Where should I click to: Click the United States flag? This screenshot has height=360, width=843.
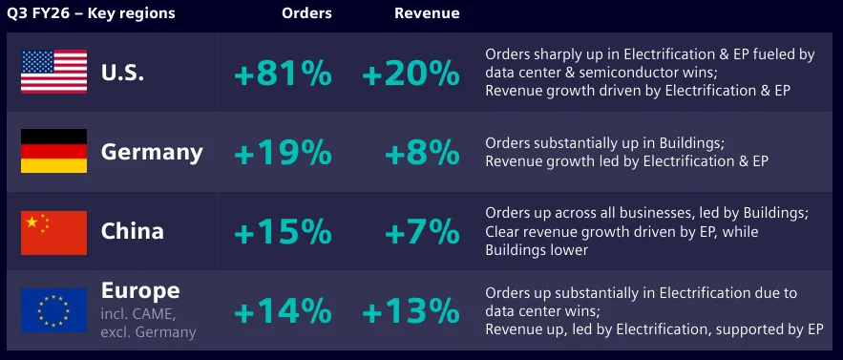(x=53, y=72)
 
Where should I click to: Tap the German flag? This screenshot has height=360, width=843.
(x=53, y=151)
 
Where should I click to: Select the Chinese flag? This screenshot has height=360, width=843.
(x=53, y=232)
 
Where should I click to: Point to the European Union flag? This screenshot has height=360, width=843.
(x=53, y=310)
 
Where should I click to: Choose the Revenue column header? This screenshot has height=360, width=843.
(x=427, y=13)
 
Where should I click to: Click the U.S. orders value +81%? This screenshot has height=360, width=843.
(x=283, y=74)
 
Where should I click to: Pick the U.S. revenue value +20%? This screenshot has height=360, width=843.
(x=411, y=74)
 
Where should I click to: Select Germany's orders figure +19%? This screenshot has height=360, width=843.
(x=283, y=153)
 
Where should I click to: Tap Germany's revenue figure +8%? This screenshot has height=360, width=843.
(x=423, y=153)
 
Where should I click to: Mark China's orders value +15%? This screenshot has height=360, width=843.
(x=283, y=232)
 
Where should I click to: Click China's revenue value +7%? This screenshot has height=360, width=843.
(x=423, y=232)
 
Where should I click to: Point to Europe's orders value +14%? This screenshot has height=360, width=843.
(x=283, y=311)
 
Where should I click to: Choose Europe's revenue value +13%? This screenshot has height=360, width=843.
(x=411, y=311)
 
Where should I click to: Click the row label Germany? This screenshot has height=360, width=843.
(x=152, y=153)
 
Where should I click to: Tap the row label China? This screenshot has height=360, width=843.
(x=133, y=231)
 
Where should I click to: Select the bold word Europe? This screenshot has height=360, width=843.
(x=140, y=291)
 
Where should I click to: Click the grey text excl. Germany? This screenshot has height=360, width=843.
(x=148, y=332)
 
